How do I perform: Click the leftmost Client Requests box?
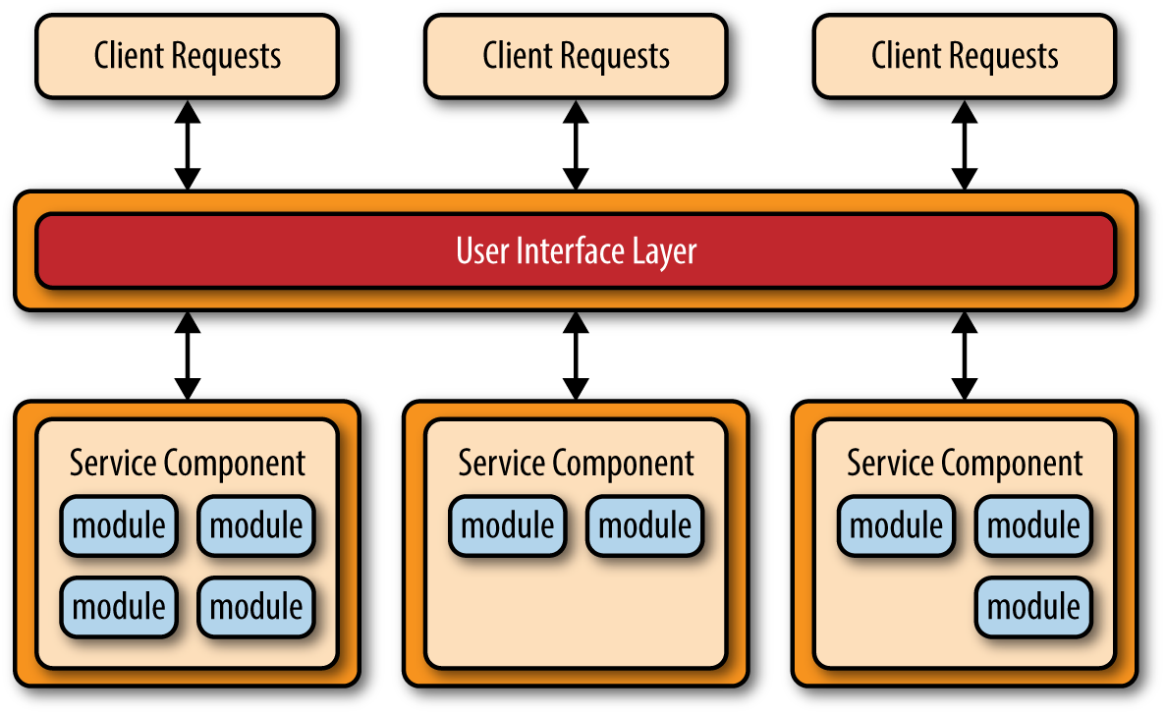(187, 56)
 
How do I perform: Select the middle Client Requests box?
(576, 56)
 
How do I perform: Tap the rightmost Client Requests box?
(965, 56)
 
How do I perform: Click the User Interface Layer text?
(576, 250)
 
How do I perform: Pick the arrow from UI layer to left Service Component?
(187, 356)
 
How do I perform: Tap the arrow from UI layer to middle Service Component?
(576, 356)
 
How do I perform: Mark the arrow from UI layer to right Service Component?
(965, 356)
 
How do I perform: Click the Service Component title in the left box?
(187, 463)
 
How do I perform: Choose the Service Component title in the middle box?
(576, 463)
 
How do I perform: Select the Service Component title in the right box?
(965, 463)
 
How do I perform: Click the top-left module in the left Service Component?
(119, 525)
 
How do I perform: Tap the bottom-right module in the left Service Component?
(256, 606)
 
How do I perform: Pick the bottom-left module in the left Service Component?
(119, 606)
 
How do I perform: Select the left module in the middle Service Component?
(508, 525)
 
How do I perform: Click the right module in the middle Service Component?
(645, 525)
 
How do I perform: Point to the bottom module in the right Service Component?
(1033, 606)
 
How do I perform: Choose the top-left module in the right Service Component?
(896, 525)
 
